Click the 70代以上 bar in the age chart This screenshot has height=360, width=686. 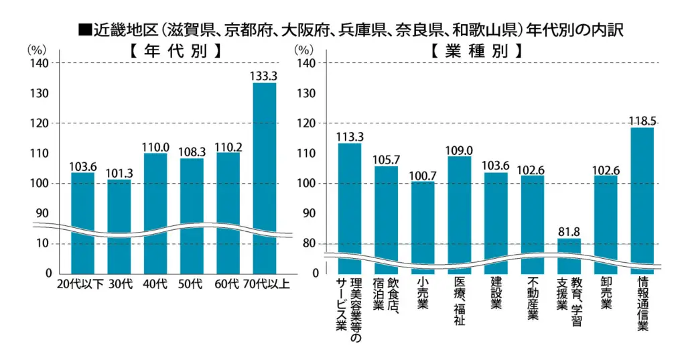(265, 174)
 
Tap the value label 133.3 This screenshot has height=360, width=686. (265, 76)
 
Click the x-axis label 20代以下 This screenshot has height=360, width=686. (80, 284)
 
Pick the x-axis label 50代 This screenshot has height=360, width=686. (191, 284)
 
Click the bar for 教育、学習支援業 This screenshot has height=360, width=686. (569, 255)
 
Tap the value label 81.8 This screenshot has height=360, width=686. (569, 232)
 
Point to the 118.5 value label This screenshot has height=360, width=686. (642, 121)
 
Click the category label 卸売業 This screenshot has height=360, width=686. (606, 295)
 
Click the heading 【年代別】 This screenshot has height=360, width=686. (174, 51)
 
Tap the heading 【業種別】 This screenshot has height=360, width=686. (476, 51)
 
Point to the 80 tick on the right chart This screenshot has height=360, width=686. (309, 244)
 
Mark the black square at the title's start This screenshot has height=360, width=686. (84, 30)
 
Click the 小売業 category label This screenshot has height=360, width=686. (422, 295)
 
